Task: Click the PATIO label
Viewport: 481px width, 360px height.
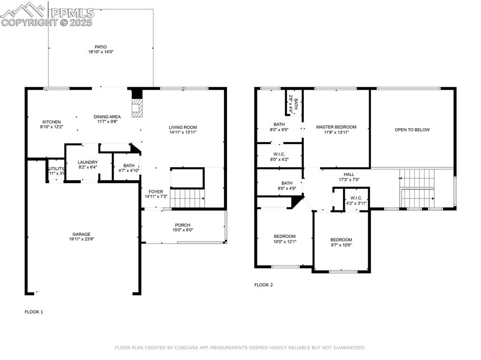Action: point(101,47)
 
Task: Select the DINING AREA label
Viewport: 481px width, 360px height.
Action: point(107,117)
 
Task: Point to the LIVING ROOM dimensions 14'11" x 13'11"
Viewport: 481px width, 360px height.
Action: point(183,132)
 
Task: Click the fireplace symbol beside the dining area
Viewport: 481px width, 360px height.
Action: point(137,107)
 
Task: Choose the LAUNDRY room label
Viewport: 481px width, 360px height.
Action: point(87,162)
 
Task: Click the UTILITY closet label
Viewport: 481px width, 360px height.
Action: point(56,169)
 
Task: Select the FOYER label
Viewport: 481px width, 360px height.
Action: point(155,191)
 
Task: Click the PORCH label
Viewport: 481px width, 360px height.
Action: point(183,225)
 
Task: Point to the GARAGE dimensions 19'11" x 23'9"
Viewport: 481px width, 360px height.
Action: point(81,239)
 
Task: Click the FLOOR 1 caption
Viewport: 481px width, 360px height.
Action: point(33,311)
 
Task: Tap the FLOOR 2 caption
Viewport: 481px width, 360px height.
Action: point(264,285)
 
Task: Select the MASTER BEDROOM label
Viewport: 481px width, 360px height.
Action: point(336,127)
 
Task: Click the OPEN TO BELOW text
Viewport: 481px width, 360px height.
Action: point(412,130)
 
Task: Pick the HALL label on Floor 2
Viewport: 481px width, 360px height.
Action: point(349,174)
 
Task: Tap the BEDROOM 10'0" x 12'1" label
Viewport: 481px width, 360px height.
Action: point(285,236)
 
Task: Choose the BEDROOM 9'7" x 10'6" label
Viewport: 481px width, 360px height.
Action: point(341,240)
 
